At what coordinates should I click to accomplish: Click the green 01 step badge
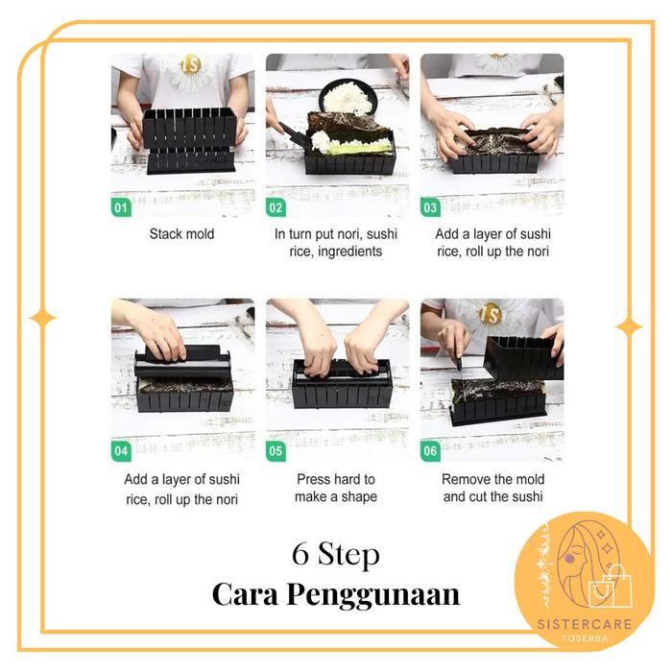[x=121, y=207]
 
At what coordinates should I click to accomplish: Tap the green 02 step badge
[x=276, y=207]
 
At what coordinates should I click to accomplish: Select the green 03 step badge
[x=430, y=207]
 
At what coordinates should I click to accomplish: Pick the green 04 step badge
[x=121, y=451]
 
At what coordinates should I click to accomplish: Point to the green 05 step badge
[x=276, y=451]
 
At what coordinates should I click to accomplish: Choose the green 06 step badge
[x=430, y=451]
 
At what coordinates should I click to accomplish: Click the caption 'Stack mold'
[x=181, y=234]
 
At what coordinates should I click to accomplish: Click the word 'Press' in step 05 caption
[x=314, y=479]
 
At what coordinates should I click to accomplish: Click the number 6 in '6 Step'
[x=300, y=554]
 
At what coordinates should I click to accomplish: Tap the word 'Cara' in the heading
[x=245, y=594]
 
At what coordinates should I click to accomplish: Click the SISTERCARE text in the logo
[x=585, y=624]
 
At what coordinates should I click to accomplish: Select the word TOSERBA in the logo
[x=585, y=638]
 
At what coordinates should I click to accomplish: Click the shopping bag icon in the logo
[x=612, y=588]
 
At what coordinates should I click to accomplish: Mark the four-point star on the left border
[x=42, y=318]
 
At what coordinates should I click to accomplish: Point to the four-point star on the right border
[x=629, y=327]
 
